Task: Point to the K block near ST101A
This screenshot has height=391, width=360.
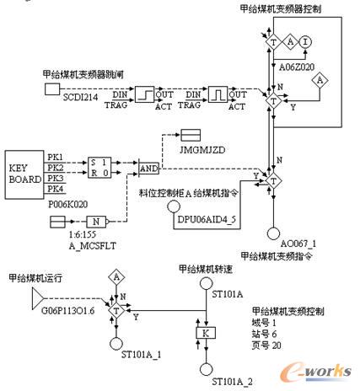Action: pyautogui.click(x=204, y=331)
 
